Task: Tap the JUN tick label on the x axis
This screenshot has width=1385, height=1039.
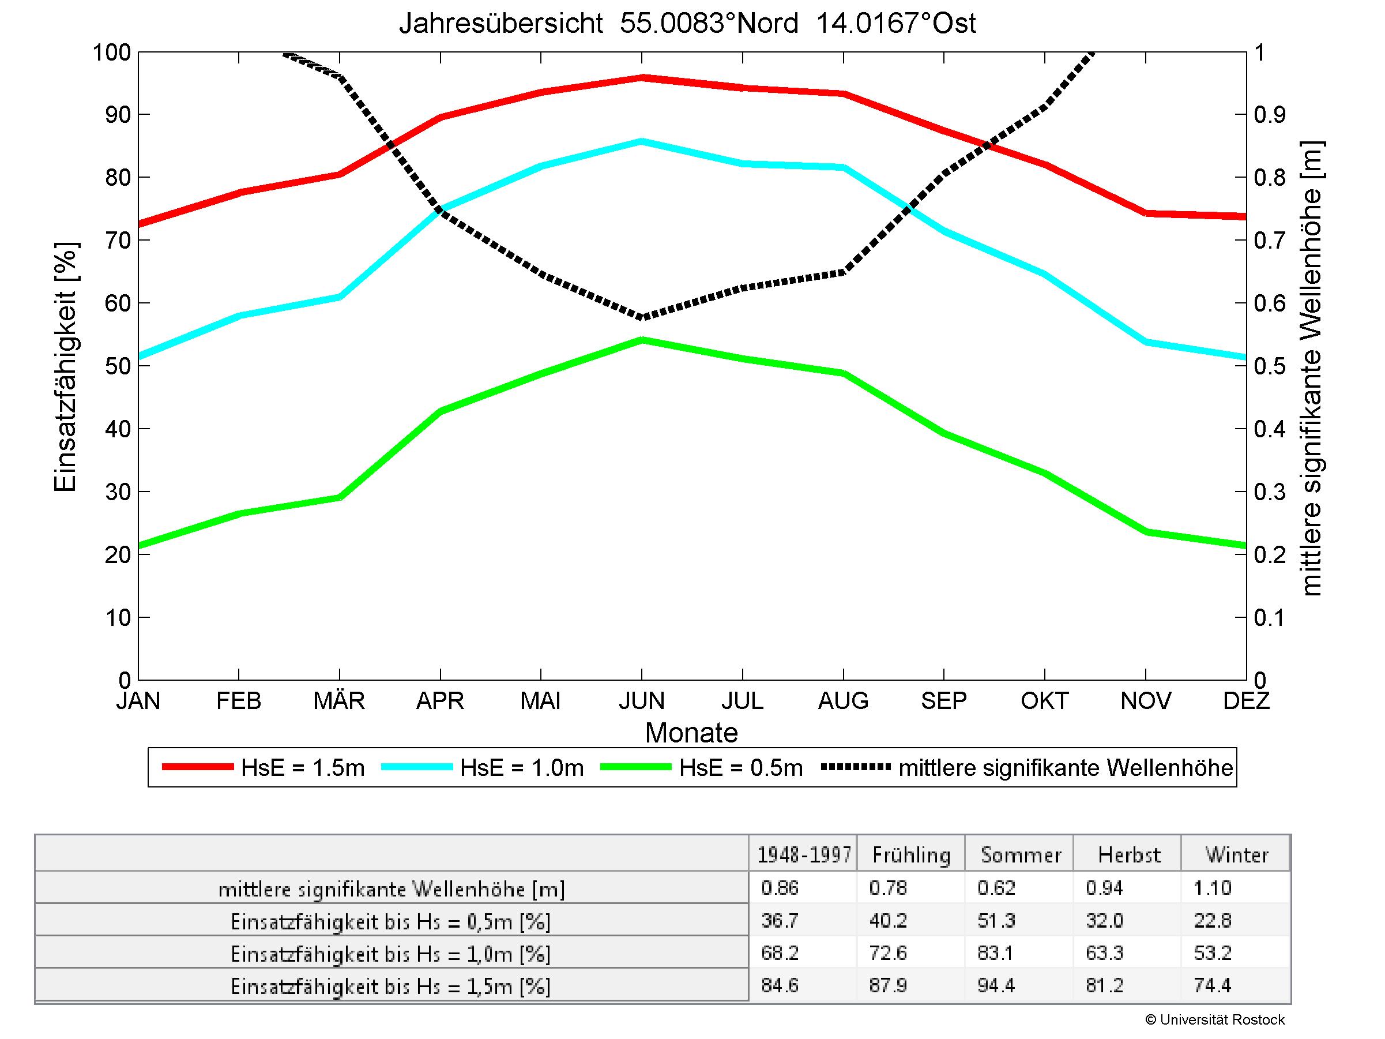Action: (641, 700)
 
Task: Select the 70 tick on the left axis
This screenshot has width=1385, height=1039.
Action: (116, 241)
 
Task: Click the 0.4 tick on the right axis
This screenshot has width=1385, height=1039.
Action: (1269, 429)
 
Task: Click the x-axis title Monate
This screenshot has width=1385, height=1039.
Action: (691, 733)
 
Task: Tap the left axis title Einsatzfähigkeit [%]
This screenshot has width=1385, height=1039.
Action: (65, 367)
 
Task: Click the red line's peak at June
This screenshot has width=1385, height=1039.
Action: (642, 78)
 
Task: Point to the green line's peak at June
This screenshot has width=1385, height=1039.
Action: (642, 339)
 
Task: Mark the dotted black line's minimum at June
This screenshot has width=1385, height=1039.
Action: (642, 317)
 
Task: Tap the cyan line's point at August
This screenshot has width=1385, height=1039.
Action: (844, 167)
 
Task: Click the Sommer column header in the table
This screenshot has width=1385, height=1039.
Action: (1021, 855)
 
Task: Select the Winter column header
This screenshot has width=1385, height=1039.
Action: (1237, 855)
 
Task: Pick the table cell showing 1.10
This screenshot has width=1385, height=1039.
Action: (1212, 887)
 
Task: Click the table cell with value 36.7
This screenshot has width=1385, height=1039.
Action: (780, 920)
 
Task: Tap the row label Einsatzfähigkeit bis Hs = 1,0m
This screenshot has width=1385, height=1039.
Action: (391, 954)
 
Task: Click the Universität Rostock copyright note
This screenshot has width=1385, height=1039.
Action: (1215, 1019)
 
